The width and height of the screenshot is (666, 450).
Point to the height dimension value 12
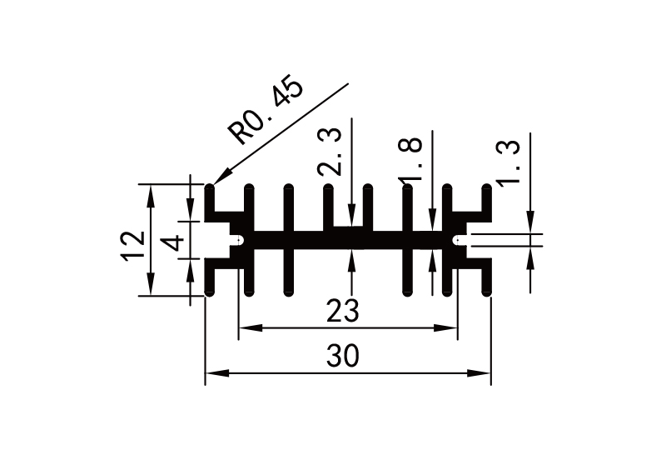point(132,247)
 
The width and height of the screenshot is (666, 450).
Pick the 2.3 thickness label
point(331,152)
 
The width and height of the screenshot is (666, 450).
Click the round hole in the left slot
point(240,241)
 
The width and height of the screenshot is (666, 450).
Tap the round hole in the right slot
point(457,241)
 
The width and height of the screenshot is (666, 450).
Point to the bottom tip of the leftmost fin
point(209,293)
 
